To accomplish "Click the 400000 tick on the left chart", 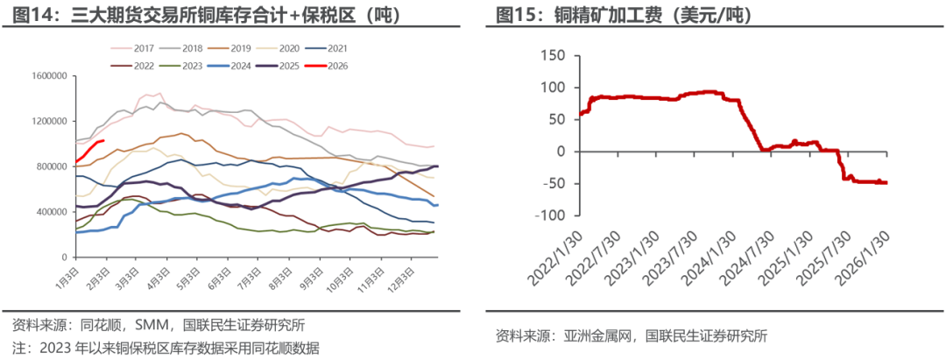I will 51,212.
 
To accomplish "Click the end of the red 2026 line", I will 104,139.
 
